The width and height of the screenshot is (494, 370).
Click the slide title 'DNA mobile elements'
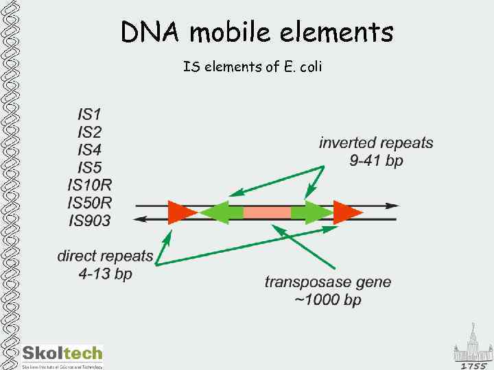click(x=257, y=32)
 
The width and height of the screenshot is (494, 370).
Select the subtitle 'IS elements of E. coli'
click(x=252, y=67)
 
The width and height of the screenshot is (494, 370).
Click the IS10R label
click(x=89, y=185)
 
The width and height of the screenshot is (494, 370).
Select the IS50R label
click(x=89, y=203)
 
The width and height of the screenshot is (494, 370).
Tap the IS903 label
click(x=89, y=221)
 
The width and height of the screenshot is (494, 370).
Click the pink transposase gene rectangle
click(x=267, y=212)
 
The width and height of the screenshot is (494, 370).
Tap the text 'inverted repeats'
click(x=376, y=143)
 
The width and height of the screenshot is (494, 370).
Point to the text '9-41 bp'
click(x=376, y=162)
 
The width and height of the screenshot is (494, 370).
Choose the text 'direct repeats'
click(x=105, y=257)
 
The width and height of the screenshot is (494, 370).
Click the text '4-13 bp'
click(x=105, y=275)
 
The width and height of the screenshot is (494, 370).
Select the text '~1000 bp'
click(x=328, y=301)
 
